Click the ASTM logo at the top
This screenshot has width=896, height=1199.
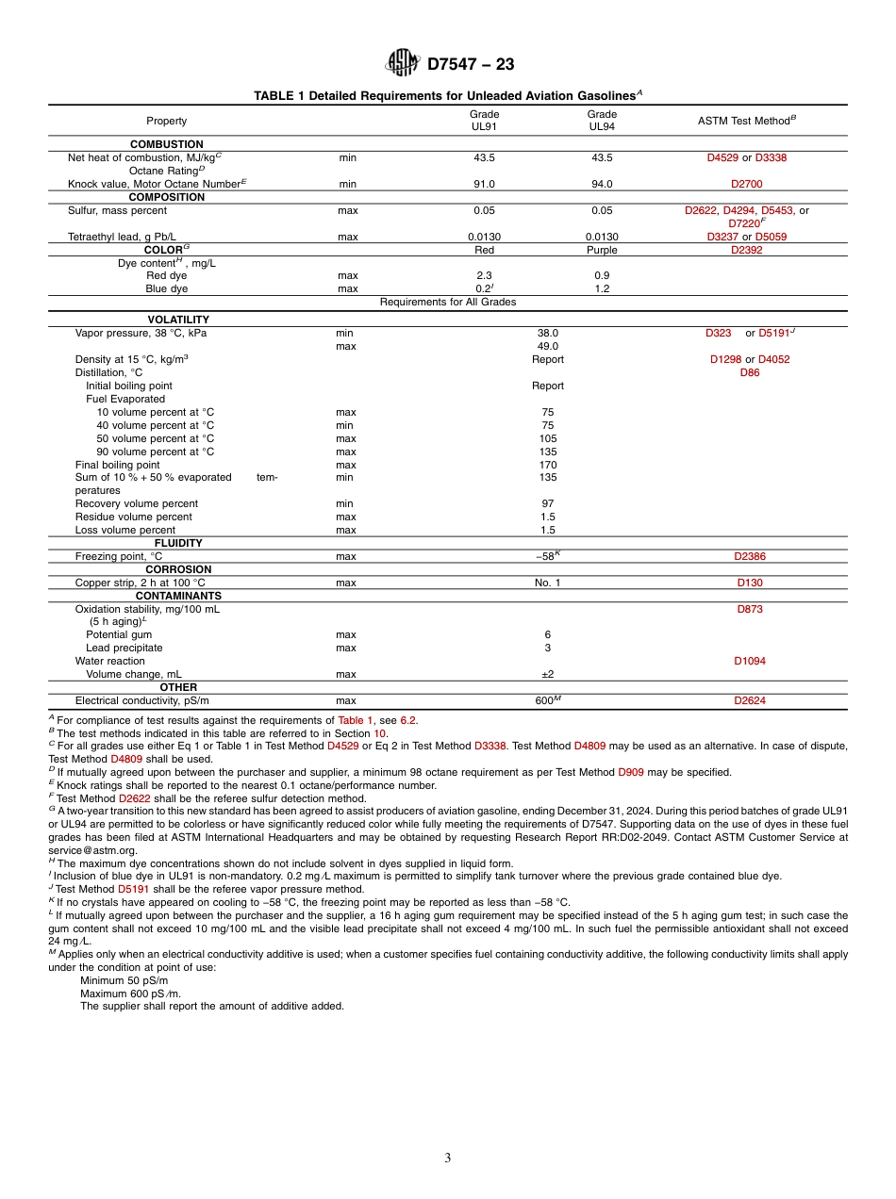pos(402,63)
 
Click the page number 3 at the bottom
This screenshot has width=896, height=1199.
pos(448,1158)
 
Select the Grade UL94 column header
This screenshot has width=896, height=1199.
pos(602,120)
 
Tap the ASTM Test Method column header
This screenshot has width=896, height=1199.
pos(747,120)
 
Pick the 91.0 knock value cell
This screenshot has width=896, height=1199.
pos(484,185)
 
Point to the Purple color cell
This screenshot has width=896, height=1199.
pos(602,250)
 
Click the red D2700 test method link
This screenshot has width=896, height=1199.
pos(746,185)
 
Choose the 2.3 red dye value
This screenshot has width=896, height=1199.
pos(484,275)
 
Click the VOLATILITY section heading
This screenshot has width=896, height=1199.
pos(178,320)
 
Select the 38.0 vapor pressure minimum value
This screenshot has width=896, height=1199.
pos(547,333)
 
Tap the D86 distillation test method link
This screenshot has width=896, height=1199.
pos(749,372)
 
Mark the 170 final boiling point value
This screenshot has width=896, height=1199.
pos(547,465)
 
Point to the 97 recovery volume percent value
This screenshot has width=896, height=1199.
pos(547,503)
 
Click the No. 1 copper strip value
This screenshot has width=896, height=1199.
pos(547,583)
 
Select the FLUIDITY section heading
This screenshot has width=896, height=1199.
pos(178,543)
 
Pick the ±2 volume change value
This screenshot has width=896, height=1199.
pos(547,674)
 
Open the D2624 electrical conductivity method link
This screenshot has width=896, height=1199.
pos(749,700)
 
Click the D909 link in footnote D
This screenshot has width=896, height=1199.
pos(630,772)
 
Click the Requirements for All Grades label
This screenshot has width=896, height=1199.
pos(447,302)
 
